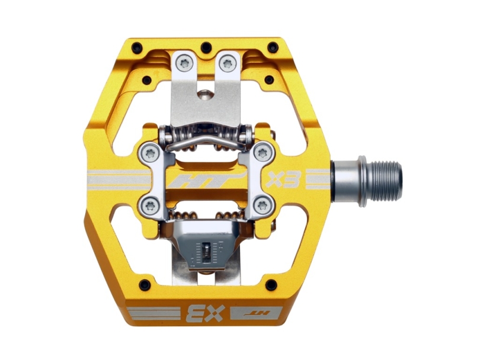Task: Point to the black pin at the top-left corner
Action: coord(137,46)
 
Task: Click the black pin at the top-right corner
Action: coord(272,46)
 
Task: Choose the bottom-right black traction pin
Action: coord(271,284)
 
